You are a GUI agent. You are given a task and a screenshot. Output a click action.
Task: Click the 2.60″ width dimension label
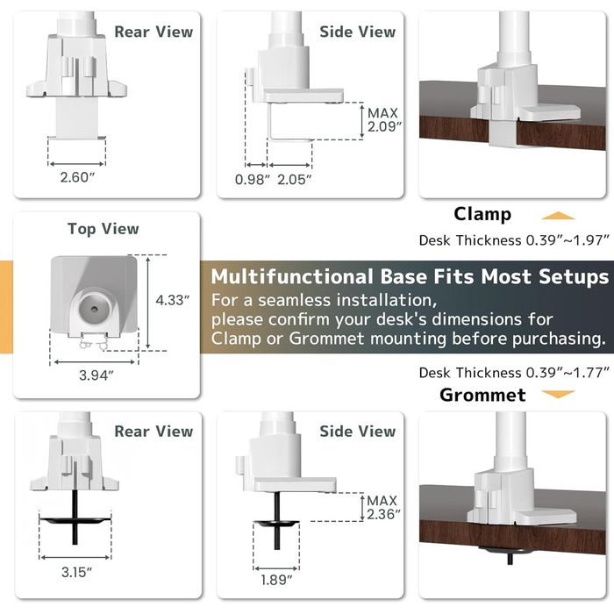tap(77, 177)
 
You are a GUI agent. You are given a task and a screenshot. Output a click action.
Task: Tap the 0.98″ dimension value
tap(253, 180)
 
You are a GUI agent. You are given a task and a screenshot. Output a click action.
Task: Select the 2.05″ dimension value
tap(295, 180)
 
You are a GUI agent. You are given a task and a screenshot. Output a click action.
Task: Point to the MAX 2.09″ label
tap(384, 120)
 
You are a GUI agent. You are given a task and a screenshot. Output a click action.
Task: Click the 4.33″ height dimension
tap(173, 300)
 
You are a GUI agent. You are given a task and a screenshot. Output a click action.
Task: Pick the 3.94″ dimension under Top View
tap(96, 375)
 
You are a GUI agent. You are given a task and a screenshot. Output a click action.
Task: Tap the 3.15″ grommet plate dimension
tap(76, 572)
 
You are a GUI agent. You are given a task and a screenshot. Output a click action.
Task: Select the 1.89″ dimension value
tap(276, 580)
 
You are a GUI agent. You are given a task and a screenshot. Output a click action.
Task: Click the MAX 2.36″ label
tap(383, 508)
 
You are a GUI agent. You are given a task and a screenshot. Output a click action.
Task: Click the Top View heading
tap(104, 229)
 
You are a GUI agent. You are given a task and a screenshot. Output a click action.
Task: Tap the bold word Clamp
tap(482, 214)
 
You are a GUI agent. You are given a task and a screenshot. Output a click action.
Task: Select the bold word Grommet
tap(482, 395)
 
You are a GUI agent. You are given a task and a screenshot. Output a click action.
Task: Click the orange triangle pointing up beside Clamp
tap(558, 216)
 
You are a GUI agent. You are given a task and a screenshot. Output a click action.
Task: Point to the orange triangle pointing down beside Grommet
tap(558, 394)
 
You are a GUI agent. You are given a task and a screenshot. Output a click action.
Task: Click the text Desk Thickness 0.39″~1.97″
tap(514, 240)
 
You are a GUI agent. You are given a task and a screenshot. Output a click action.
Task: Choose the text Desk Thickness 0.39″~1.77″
tap(514, 373)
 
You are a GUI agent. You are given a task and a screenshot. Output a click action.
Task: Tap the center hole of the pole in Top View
tap(95, 310)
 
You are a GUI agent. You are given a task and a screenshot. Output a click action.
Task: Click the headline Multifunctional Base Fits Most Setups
tap(410, 276)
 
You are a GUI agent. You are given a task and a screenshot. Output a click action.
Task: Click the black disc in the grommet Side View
tap(276, 523)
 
